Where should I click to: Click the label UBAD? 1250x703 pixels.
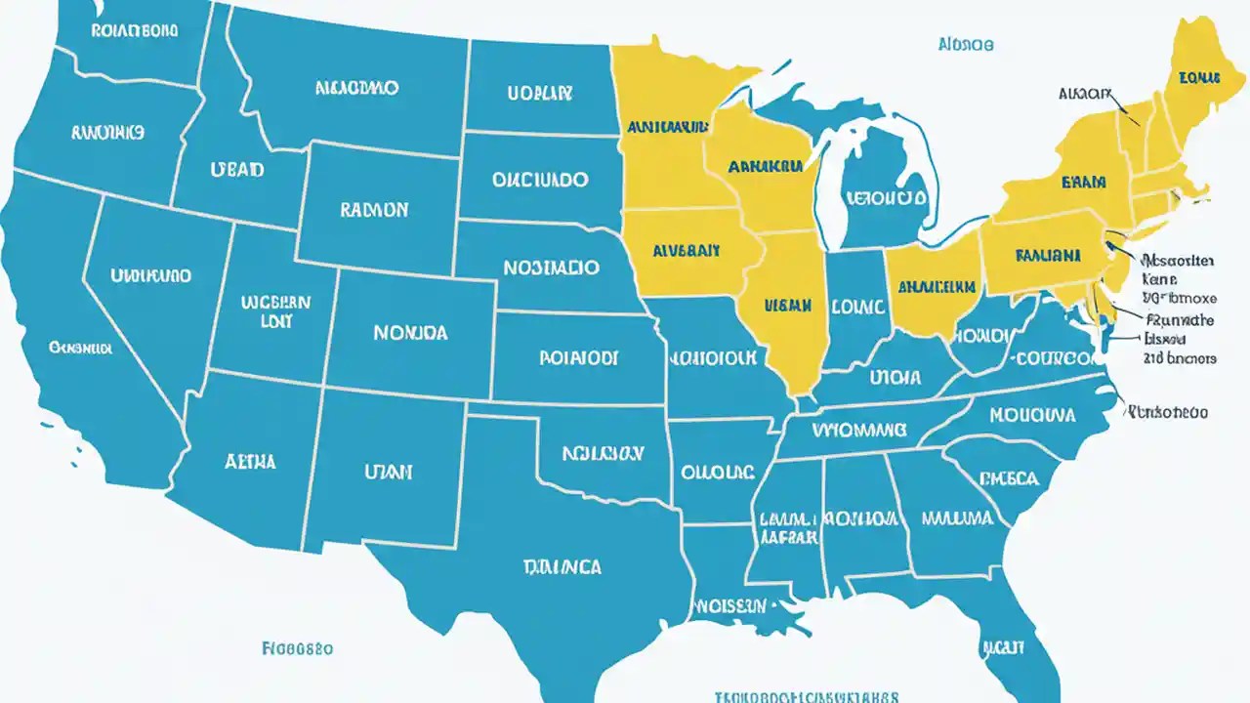236,170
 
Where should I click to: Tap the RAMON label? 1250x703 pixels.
374,209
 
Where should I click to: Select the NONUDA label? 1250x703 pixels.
410,333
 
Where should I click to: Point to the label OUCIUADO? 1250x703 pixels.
540,180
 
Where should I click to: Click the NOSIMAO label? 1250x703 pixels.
552,266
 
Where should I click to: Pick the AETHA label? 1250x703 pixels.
250,461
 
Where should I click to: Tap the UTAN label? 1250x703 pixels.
388,472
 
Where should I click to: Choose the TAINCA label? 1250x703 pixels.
562,566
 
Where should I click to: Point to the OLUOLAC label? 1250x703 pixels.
718,473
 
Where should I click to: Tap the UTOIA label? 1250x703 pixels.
896,376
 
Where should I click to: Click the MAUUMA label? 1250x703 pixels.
957,518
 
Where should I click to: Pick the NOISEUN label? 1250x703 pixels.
729,606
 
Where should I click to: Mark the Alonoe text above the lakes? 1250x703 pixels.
965,45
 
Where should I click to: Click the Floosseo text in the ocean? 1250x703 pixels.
298,647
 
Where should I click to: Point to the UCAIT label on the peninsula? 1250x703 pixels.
1003,646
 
